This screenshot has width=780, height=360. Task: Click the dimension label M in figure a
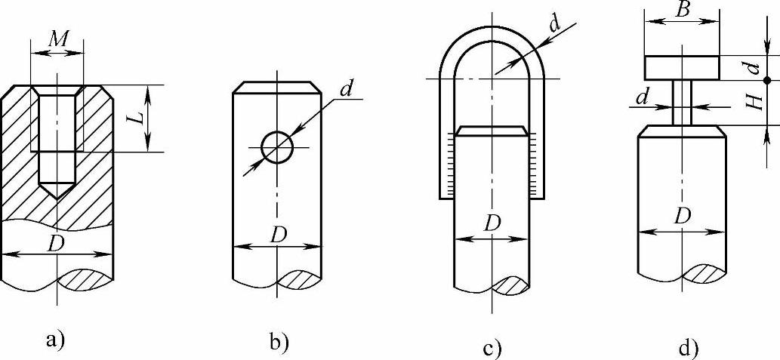click(57, 39)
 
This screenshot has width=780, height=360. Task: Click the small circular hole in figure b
click(277, 146)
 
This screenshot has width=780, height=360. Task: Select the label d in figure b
click(347, 88)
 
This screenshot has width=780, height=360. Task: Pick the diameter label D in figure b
click(278, 235)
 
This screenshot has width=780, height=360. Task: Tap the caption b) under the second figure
click(279, 343)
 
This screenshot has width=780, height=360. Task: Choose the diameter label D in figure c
click(492, 224)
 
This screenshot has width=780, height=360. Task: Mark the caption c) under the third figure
click(492, 348)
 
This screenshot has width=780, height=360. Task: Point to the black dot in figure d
click(766, 79)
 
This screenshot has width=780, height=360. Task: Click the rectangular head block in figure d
click(682, 67)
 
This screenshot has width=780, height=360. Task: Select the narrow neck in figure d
click(682, 103)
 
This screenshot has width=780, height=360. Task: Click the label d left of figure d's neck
click(642, 97)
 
